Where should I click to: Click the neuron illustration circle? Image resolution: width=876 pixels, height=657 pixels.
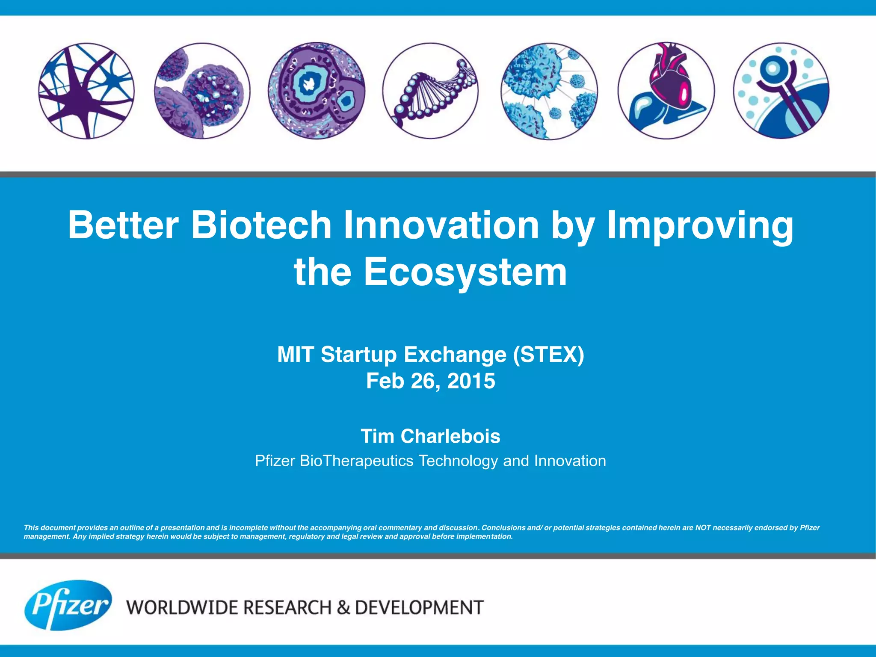point(86,91)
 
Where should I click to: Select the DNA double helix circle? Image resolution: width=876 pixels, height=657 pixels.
point(430,91)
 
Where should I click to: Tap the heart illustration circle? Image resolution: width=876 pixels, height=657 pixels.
point(666,91)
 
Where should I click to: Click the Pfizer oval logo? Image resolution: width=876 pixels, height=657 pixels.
point(68,605)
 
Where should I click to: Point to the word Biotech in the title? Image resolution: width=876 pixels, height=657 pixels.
point(261,225)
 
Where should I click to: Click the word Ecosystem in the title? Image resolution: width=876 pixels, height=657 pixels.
point(465,272)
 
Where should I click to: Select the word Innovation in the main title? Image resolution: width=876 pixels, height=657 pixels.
point(441,225)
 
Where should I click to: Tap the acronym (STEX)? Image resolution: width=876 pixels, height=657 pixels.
point(548,355)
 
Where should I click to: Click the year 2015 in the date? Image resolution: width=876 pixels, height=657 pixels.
point(471,381)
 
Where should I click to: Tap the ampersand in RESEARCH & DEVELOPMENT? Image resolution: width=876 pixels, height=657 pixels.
point(343,608)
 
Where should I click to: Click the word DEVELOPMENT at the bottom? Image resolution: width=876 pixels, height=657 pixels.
point(419,608)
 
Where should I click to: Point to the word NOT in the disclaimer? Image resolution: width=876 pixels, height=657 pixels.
point(703,527)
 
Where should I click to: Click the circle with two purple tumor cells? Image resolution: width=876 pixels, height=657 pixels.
point(202,91)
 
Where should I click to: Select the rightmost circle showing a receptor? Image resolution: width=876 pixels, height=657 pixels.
point(781,91)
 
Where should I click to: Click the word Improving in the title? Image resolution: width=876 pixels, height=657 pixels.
point(700,225)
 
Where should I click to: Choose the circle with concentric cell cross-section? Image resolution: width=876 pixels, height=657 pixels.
point(317,91)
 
